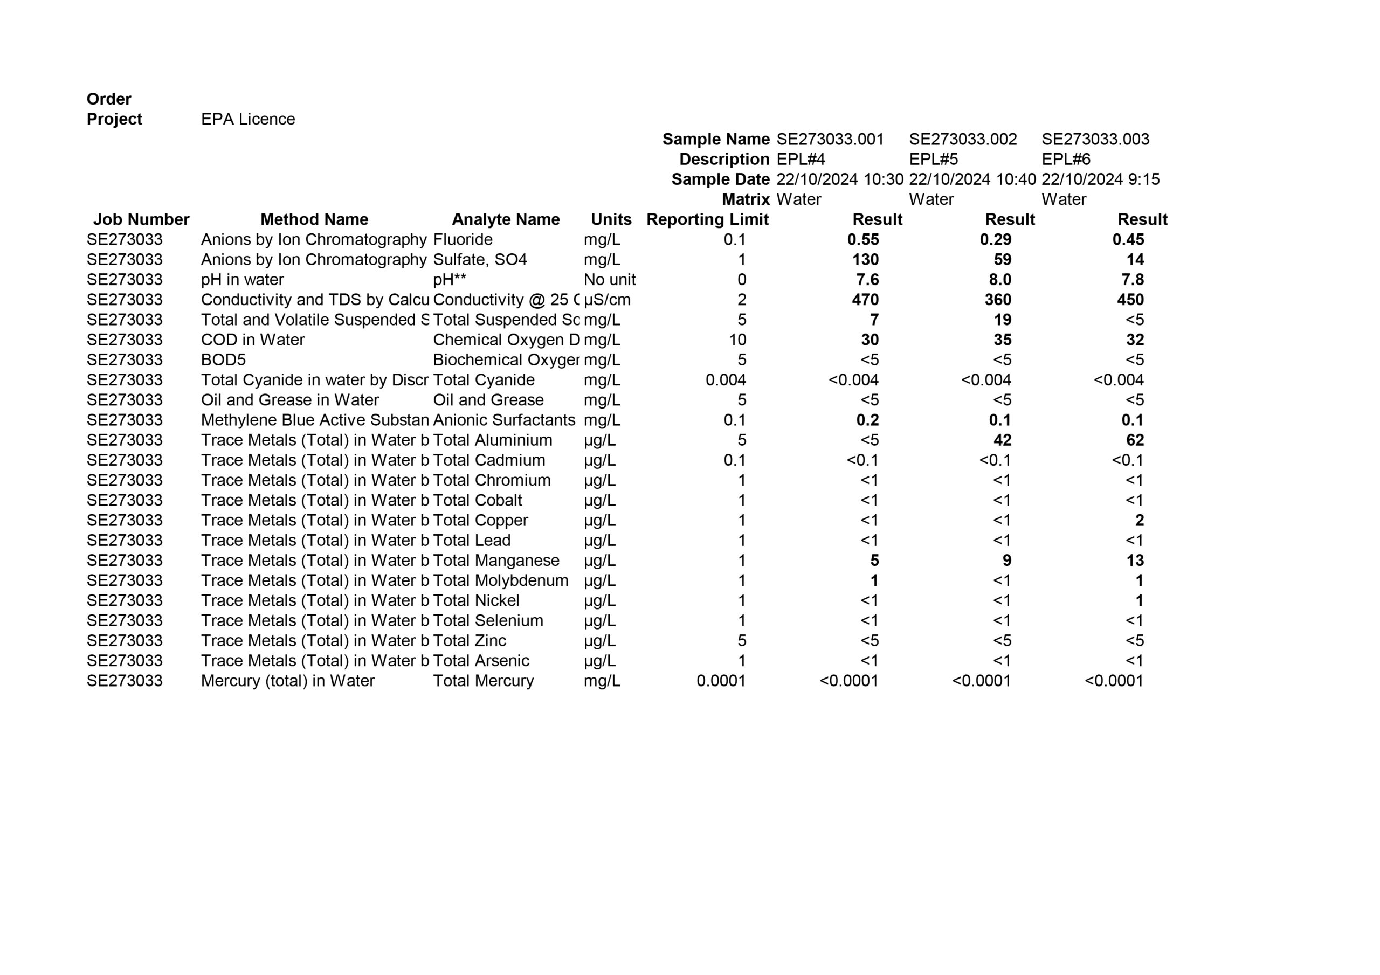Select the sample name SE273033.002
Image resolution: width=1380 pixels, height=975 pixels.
(962, 140)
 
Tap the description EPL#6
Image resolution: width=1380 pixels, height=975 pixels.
(1066, 160)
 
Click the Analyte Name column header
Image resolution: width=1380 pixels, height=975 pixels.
(506, 219)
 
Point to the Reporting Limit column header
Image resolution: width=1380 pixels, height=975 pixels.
(707, 219)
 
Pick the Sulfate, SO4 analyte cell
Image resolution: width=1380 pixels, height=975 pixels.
(480, 260)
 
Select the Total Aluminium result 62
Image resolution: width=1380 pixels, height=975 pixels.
(1134, 440)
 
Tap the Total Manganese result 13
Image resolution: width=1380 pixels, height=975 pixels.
(1134, 560)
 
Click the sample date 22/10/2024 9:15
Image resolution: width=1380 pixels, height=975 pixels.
(1100, 179)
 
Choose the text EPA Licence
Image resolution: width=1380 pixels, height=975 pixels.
(247, 119)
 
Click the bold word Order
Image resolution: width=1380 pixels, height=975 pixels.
(109, 99)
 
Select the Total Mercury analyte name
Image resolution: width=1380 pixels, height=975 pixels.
(483, 681)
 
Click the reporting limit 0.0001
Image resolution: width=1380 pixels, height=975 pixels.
(721, 681)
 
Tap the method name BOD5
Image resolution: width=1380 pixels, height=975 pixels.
(223, 360)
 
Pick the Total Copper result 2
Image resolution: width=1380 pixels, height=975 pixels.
(1139, 521)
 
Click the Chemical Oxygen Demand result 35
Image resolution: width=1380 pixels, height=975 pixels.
(1002, 340)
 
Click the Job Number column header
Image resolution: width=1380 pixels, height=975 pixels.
(141, 219)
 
